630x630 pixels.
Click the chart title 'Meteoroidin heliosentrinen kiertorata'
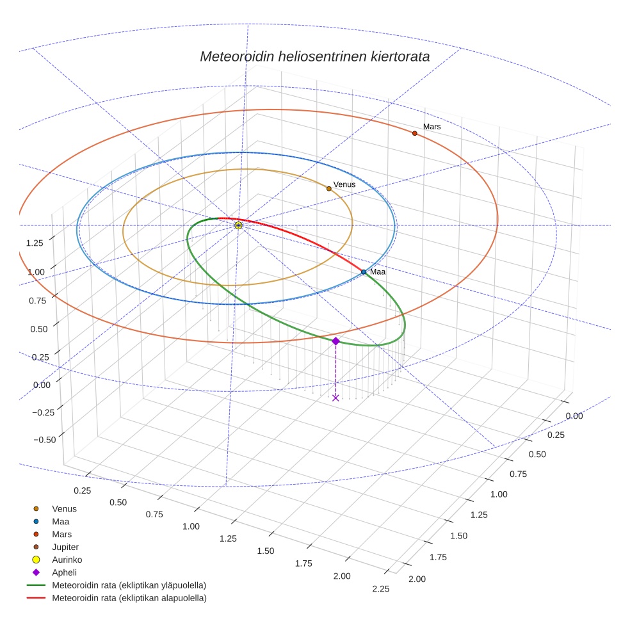314,56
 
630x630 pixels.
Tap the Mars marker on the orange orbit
415,133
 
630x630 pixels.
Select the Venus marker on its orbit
329,188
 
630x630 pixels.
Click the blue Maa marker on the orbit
364,272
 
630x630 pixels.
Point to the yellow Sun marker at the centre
238,225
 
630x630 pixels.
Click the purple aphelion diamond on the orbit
335,341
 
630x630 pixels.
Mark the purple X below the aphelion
335,398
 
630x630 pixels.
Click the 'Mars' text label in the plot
432,127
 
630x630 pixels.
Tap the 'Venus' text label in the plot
344,184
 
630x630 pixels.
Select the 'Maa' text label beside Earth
378,272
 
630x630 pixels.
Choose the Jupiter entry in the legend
65,547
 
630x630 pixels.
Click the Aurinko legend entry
67,560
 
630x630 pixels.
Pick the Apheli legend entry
64,572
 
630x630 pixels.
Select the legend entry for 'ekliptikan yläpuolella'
129,585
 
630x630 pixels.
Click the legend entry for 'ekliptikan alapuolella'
129,598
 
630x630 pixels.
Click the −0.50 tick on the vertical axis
44,439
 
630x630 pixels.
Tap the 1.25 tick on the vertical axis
35,243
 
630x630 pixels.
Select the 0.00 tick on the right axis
574,416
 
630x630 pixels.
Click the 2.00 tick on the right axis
417,579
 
